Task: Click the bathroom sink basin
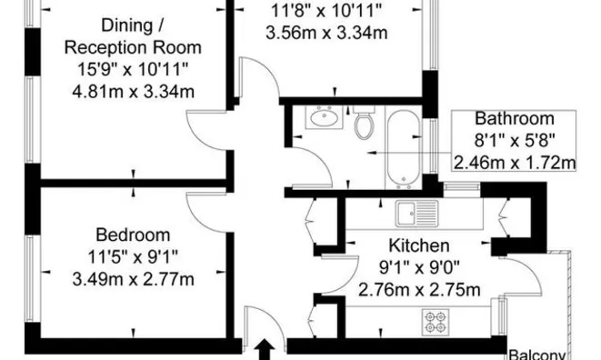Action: [x=325, y=117]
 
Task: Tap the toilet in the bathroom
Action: [x=364, y=123]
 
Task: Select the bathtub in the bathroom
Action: [x=403, y=149]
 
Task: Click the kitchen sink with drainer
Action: [x=417, y=213]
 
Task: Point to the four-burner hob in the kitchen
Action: [x=436, y=322]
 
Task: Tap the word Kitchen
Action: [x=419, y=245]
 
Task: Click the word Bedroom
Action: [x=133, y=235]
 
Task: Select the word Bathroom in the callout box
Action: [x=515, y=118]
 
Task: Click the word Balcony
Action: [x=537, y=355]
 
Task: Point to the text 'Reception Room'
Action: [x=133, y=47]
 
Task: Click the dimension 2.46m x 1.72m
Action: [x=515, y=163]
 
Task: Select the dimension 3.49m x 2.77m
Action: [x=133, y=279]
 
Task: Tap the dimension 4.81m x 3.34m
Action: [x=133, y=92]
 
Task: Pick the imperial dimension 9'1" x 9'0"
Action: [x=419, y=267]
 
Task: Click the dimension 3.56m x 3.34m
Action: [x=326, y=33]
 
